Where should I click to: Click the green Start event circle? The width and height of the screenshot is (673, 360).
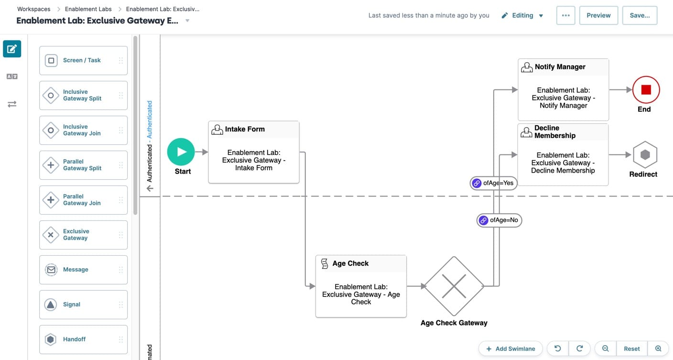181,152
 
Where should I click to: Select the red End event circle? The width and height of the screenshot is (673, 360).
646,90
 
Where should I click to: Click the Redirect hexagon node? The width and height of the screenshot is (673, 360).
645,154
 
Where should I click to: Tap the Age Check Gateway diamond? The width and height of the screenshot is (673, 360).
454,286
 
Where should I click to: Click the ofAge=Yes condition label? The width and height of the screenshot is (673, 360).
493,183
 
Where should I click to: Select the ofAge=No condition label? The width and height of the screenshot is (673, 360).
499,220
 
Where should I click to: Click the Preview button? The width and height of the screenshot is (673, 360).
598,15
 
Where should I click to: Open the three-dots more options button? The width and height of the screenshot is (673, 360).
566,15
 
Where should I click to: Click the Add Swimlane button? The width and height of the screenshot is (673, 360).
511,349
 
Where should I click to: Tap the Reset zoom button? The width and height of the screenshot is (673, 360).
631,349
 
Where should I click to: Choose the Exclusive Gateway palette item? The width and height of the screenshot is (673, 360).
83,235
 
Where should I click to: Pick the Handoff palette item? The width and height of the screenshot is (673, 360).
83,339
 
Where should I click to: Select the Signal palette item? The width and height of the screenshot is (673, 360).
83,305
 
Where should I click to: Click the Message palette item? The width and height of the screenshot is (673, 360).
83,270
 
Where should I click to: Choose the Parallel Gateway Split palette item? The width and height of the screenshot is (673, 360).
83,165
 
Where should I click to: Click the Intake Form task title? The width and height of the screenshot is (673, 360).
245,129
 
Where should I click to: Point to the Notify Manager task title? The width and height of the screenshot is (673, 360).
560,67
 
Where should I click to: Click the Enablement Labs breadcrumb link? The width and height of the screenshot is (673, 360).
88,9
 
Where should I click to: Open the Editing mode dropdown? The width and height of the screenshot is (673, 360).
522,15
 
